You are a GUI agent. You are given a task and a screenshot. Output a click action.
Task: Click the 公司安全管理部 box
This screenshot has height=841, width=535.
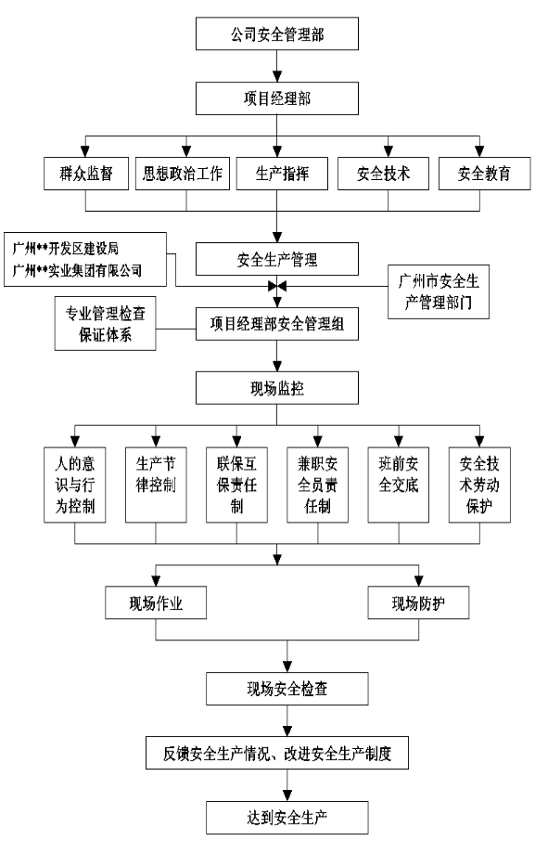point(277,33)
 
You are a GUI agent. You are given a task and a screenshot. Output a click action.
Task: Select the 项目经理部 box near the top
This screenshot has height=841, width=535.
point(277,98)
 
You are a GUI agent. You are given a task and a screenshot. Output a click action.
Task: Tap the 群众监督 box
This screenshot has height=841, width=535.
point(86,174)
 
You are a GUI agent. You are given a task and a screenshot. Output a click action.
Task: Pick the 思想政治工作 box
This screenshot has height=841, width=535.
point(182,174)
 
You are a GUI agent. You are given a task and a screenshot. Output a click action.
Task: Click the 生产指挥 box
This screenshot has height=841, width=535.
point(282,174)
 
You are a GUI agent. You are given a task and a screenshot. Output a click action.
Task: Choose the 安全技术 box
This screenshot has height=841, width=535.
point(383,174)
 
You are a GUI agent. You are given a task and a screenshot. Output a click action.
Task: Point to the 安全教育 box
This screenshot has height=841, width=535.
point(484,174)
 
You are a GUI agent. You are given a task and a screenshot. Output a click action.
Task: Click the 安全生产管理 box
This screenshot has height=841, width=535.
point(277,259)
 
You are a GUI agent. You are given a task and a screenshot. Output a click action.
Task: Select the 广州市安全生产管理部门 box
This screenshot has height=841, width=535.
point(438,291)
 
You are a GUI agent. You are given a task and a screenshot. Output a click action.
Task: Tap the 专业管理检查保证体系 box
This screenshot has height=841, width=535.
point(105,323)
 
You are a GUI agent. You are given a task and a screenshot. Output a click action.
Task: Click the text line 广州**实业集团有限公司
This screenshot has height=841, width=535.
point(77,270)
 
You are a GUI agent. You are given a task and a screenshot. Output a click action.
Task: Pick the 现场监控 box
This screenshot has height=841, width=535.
point(277,388)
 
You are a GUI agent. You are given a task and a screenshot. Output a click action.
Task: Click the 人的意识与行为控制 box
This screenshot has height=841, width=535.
point(74,485)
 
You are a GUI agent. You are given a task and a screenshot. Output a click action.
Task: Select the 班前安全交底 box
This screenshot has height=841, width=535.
point(399,485)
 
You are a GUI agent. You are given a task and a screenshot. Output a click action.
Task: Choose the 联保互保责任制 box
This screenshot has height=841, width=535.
point(236,485)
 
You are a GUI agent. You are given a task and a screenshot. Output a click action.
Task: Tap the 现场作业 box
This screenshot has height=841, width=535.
point(156,602)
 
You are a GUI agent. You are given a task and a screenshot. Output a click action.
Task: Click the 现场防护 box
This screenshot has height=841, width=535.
point(418,602)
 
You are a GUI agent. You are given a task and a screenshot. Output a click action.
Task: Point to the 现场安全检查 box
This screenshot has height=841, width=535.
point(287,689)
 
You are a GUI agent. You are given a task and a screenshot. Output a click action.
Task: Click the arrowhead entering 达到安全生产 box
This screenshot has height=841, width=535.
point(287,796)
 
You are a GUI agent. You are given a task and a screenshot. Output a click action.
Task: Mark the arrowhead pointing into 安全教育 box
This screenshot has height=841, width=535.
point(479,151)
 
